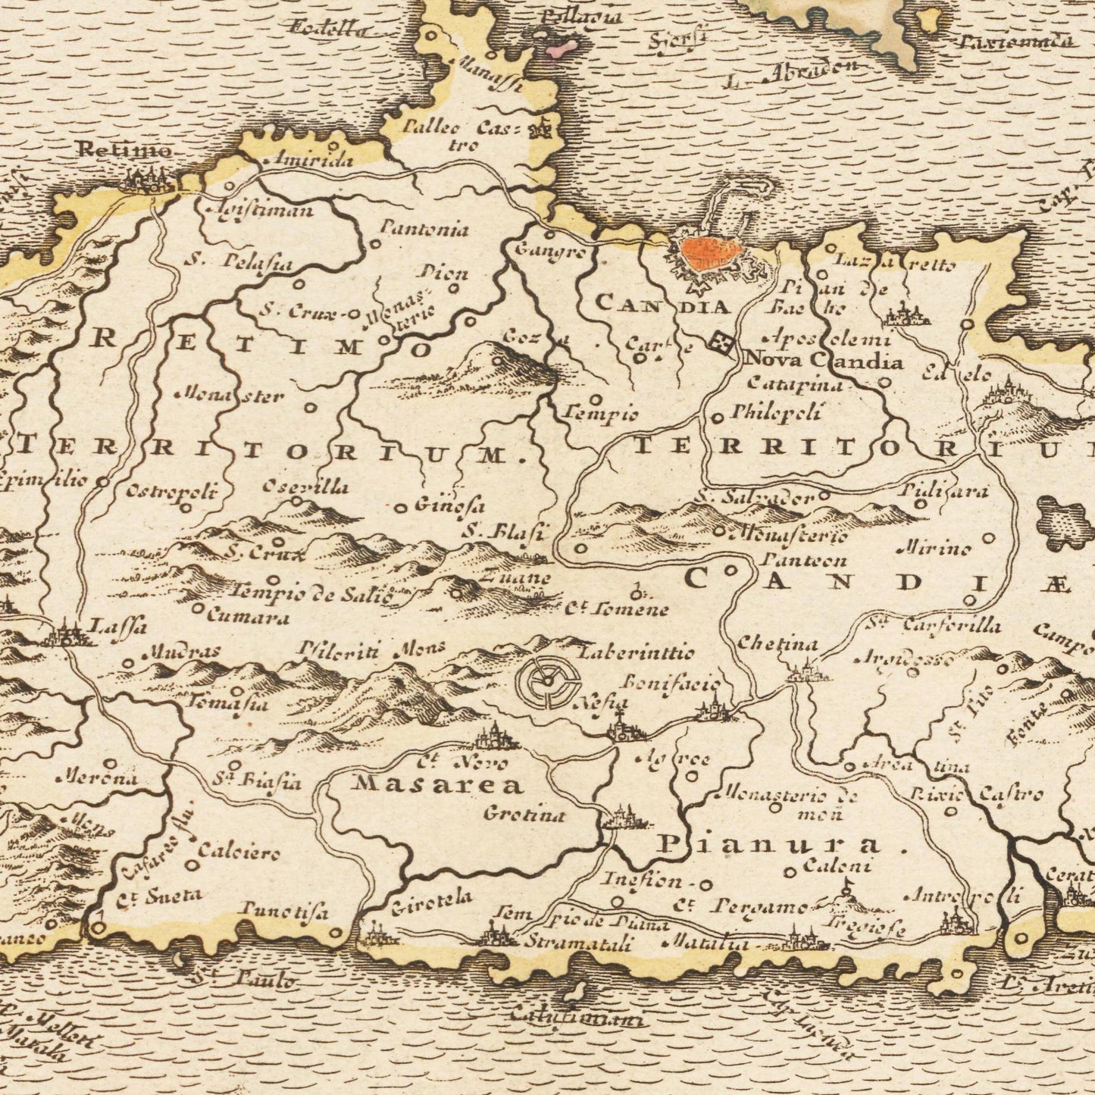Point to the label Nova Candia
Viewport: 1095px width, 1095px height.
click(824, 360)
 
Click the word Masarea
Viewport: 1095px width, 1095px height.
click(437, 784)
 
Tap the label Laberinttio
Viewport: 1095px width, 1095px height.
click(635, 651)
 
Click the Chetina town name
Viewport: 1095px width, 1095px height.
click(778, 644)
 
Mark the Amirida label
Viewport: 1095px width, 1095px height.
click(303, 160)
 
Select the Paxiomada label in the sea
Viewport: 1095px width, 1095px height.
click(1016, 41)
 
